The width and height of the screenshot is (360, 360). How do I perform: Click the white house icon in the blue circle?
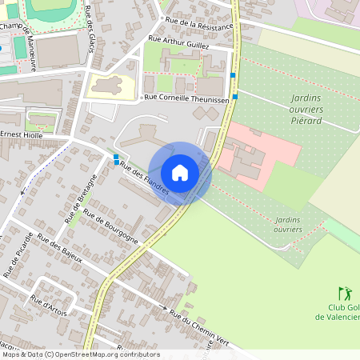pyautogui.click(x=180, y=172)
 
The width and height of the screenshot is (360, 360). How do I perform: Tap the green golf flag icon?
pyautogui.click(x=344, y=294)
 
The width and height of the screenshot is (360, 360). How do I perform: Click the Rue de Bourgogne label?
pyautogui.click(x=111, y=226)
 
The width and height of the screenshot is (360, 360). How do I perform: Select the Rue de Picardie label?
pyautogui.click(x=19, y=254)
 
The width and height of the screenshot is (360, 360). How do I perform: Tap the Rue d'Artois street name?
pyautogui.click(x=49, y=305)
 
